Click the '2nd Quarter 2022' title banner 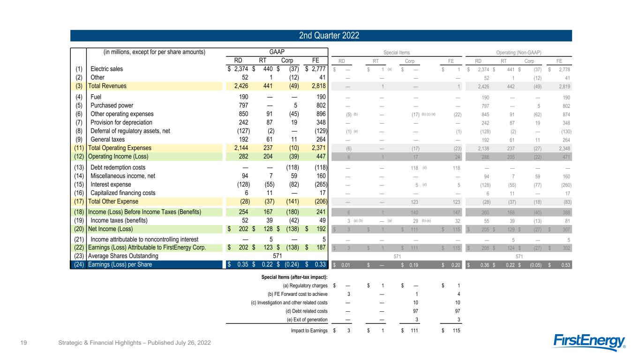321,36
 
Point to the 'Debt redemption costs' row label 118,167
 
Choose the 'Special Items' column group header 396,52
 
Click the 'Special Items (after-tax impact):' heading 294,276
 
